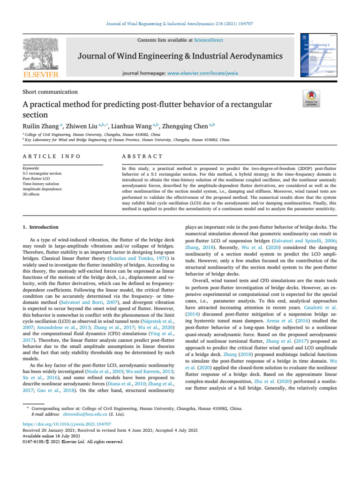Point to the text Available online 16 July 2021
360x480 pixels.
[50, 435]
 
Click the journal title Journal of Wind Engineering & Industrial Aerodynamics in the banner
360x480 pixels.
[180, 57]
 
